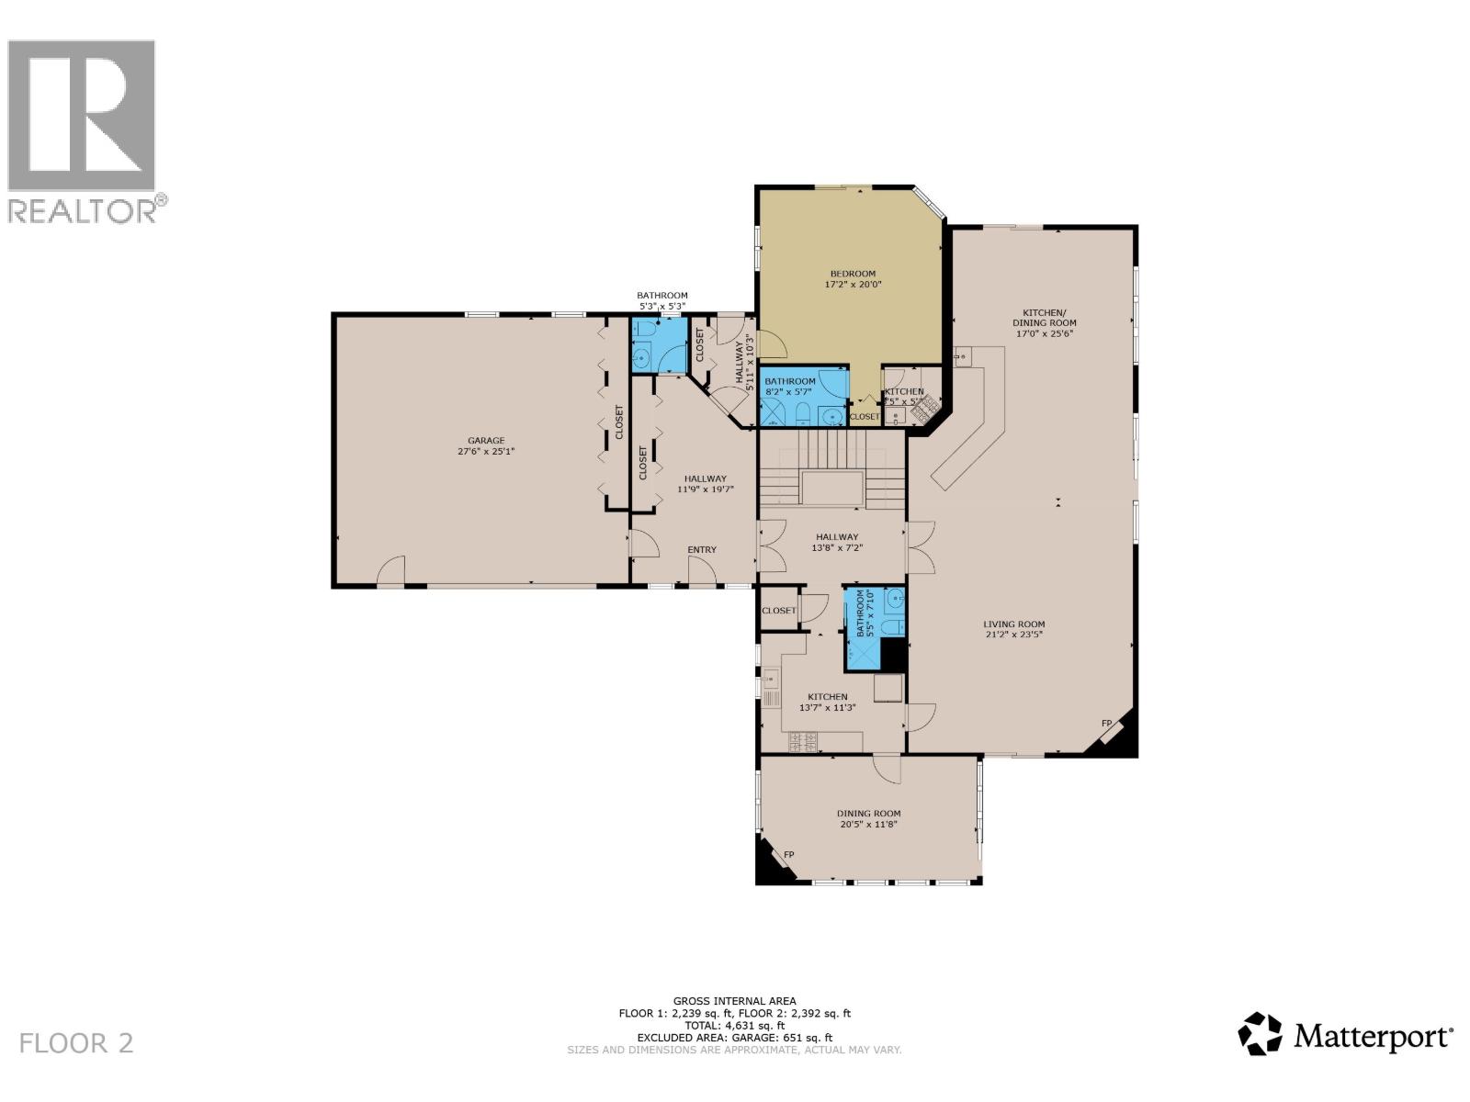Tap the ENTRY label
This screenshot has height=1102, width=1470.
pyautogui.click(x=702, y=550)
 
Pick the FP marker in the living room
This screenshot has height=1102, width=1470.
pyautogui.click(x=1107, y=724)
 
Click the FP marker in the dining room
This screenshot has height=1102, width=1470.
pyautogui.click(x=788, y=855)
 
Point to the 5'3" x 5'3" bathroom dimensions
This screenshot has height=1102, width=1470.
pyautogui.click(x=662, y=306)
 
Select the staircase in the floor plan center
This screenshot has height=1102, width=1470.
pyautogui.click(x=831, y=471)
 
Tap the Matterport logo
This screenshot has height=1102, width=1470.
pyautogui.click(x=1346, y=1037)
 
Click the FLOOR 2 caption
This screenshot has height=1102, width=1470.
pyautogui.click(x=76, y=1043)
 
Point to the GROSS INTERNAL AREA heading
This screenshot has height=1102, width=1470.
pyautogui.click(x=734, y=1001)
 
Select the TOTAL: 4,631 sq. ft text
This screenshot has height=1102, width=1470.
pyautogui.click(x=734, y=1025)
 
